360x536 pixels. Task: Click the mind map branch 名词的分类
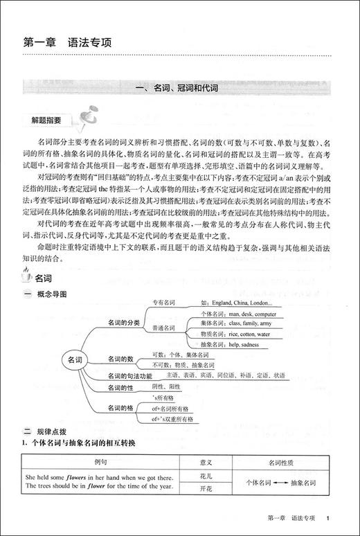coord(124,323)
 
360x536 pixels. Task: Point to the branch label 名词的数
coord(120,358)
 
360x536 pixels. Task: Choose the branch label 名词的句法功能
coord(131,375)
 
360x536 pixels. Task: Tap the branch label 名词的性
coord(120,388)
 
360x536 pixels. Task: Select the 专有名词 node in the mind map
coord(164,302)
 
